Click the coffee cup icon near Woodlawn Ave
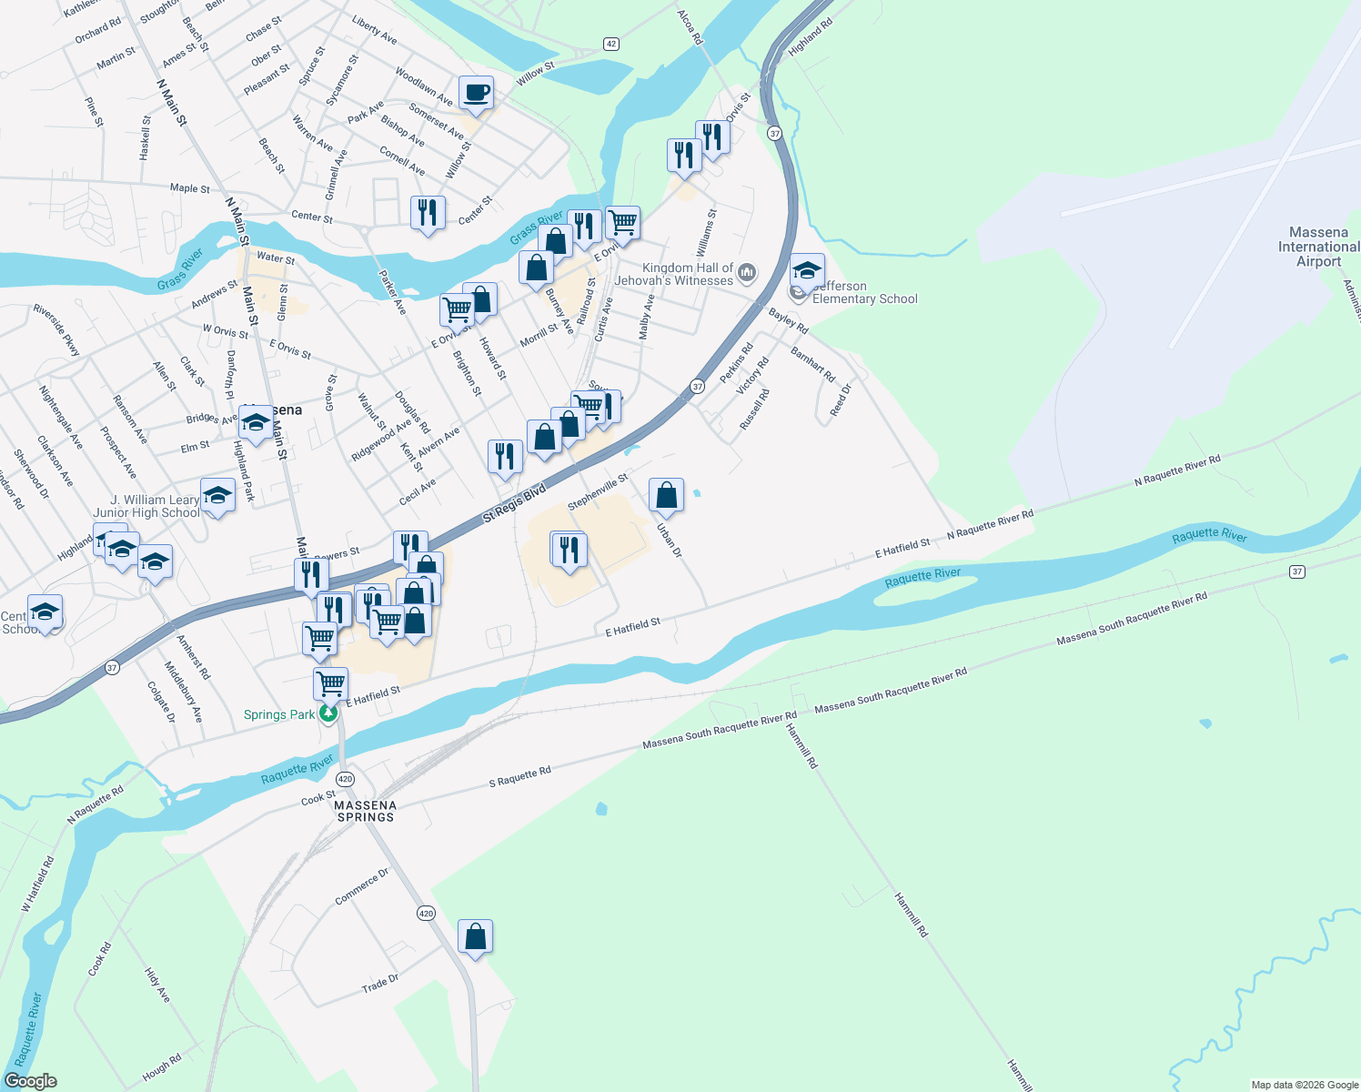(x=476, y=92)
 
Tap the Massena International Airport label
(x=1318, y=247)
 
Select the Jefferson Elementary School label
(x=864, y=292)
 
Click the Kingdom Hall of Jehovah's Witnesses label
(x=674, y=274)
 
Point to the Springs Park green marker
(x=328, y=714)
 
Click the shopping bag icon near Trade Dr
(x=475, y=936)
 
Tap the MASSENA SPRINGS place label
(x=366, y=811)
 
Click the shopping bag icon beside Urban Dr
(x=666, y=495)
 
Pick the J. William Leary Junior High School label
(x=146, y=506)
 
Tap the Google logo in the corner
(x=31, y=1081)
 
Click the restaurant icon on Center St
(x=428, y=213)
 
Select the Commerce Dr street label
(x=362, y=886)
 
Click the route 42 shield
(x=610, y=44)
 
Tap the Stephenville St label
(x=598, y=491)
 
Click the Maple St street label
(x=189, y=188)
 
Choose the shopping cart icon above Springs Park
(x=330, y=682)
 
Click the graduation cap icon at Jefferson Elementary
(x=807, y=270)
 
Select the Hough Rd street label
(x=162, y=1067)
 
